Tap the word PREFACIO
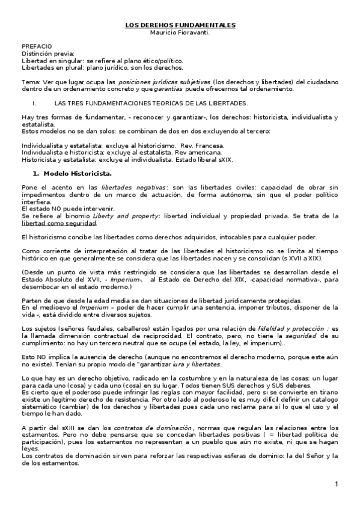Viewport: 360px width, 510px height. tap(37, 46)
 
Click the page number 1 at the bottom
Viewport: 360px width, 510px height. tap(337, 484)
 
